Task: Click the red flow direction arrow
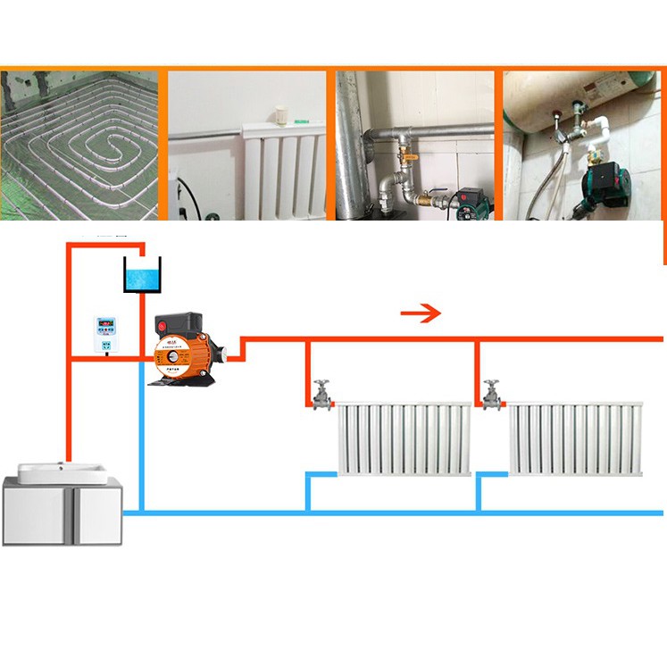pos(420,313)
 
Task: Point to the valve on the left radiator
pos(321,393)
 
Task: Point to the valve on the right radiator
pos(491,393)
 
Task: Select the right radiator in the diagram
pos(575,439)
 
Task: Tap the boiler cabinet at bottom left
pos(62,512)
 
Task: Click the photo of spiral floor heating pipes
pos(80,145)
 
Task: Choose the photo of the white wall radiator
pos(248,145)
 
